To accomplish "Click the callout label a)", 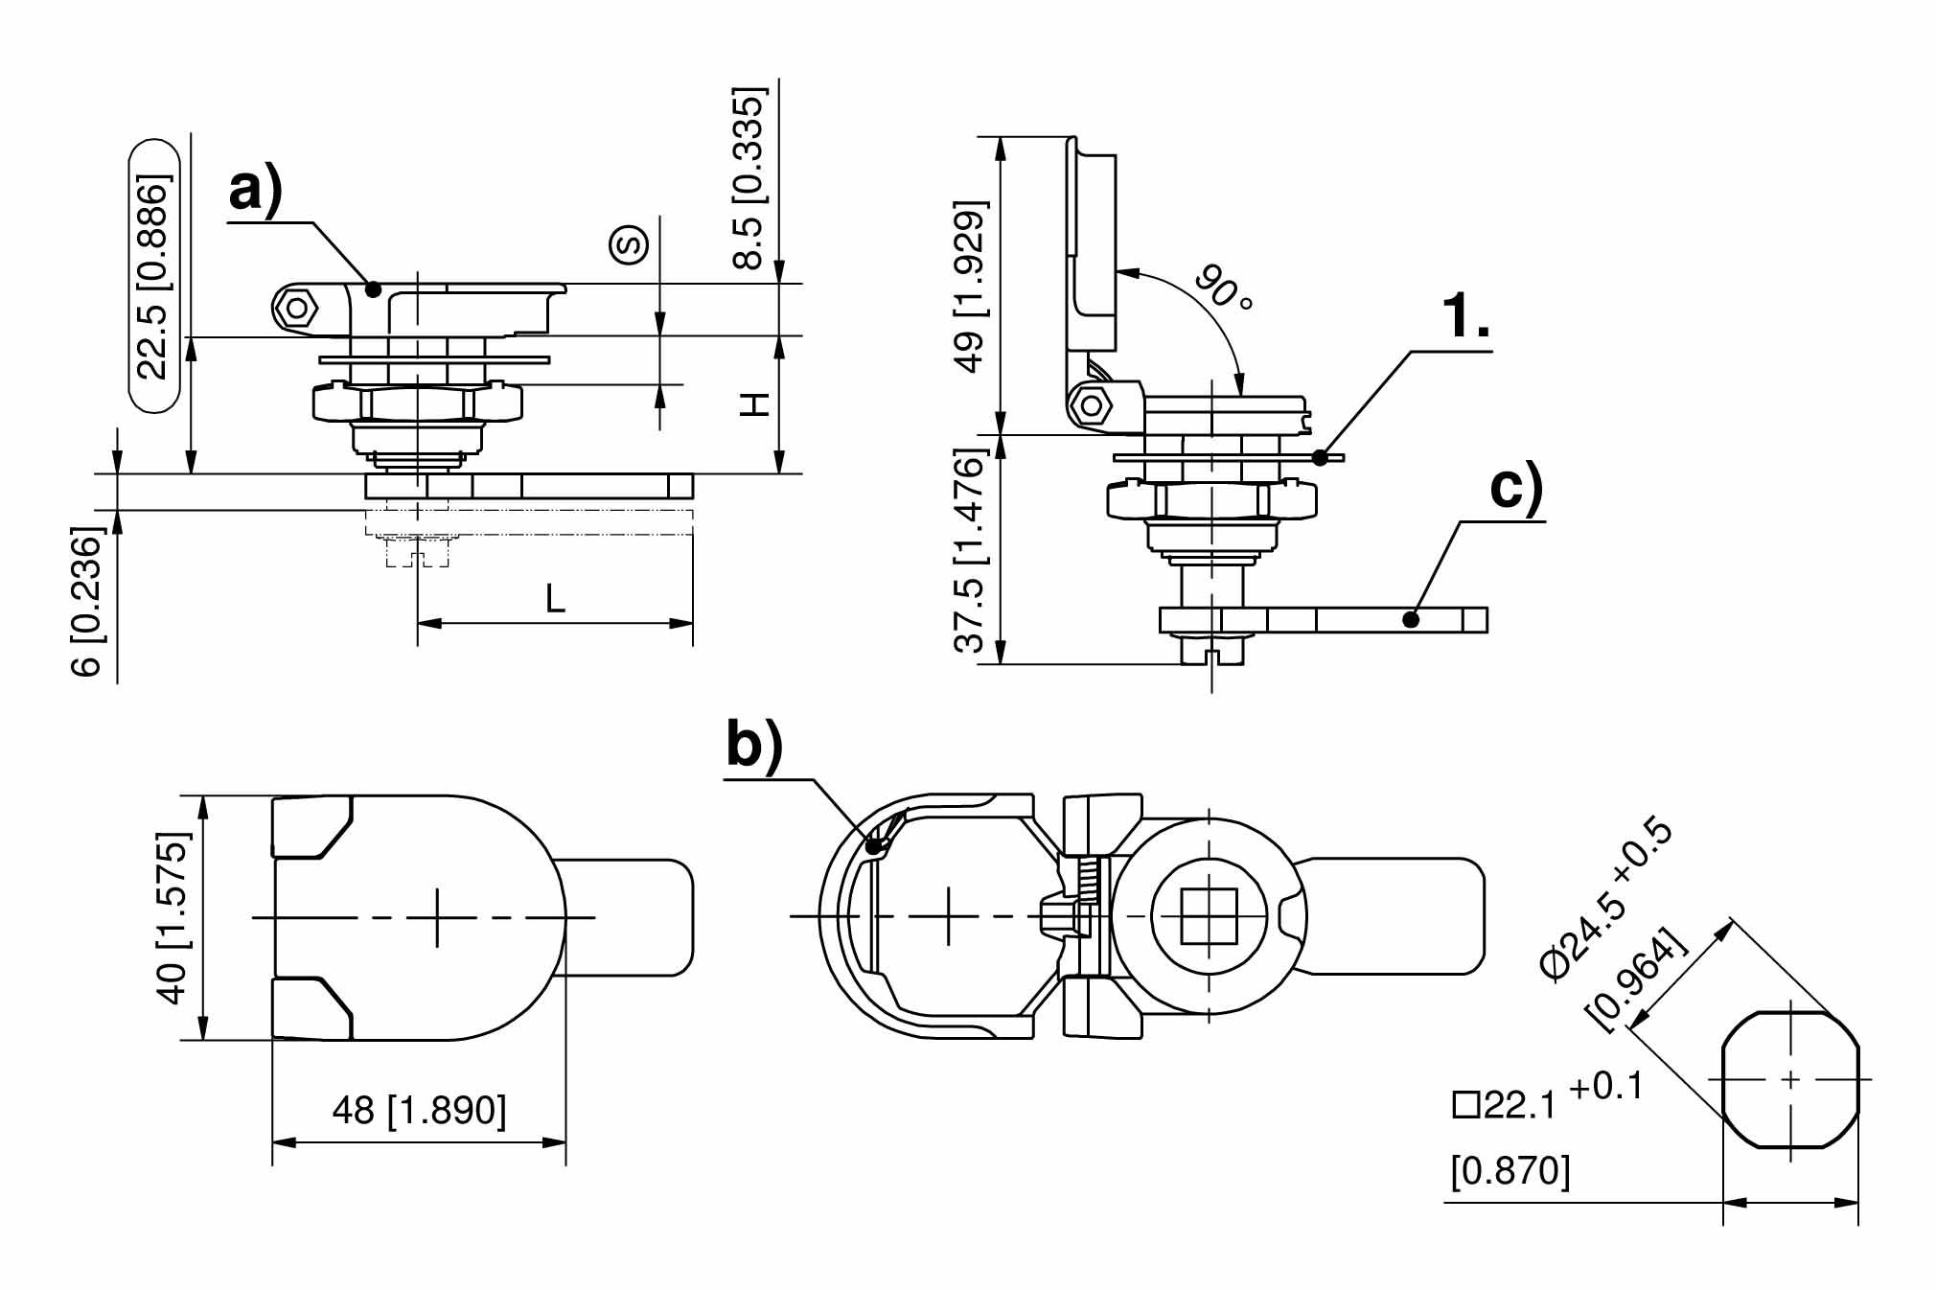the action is pos(256,190).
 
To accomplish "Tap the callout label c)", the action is pos(1517,487).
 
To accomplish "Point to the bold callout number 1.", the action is pos(1466,315).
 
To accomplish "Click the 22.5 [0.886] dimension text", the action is pos(153,276).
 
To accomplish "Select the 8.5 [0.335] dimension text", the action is pos(750,178).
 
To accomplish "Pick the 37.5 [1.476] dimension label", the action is pos(970,550).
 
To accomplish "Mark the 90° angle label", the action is pos(1224,287).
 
